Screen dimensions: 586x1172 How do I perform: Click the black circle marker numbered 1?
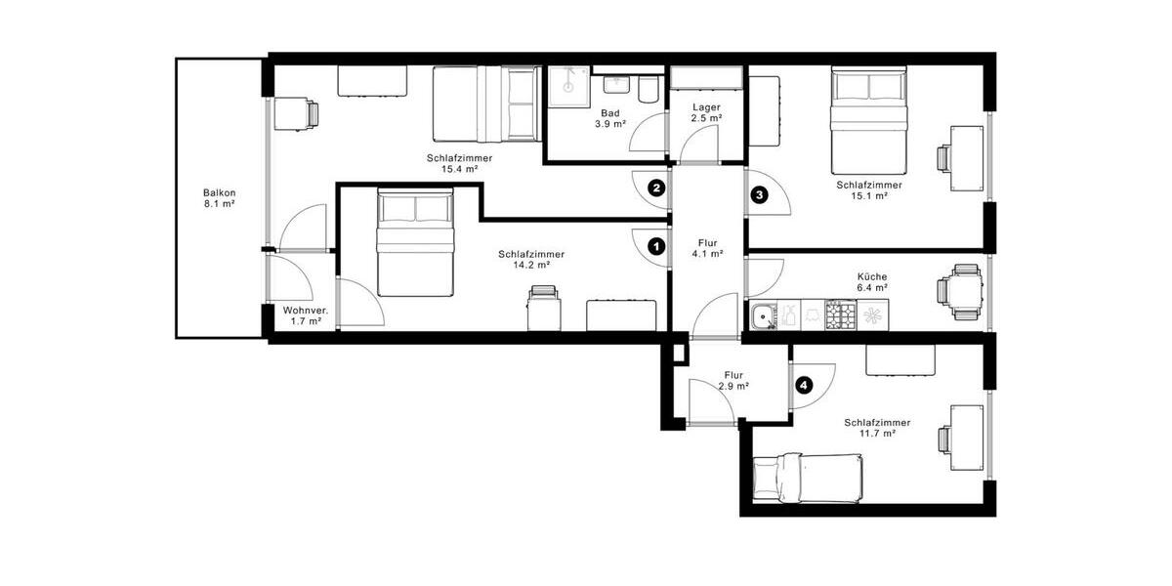(657, 248)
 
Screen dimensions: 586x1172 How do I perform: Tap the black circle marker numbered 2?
(657, 188)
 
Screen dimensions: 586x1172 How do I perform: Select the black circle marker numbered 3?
(760, 195)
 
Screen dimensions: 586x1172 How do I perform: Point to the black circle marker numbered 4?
(803, 385)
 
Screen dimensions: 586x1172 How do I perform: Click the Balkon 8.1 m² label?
(220, 198)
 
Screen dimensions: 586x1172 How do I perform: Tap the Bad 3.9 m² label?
(610, 118)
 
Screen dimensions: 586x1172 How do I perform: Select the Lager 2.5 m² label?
(706, 112)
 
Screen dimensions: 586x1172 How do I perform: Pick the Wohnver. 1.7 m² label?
(306, 314)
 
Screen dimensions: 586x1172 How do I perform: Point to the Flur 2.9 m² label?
(733, 380)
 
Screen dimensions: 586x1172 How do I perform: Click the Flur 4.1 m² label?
(706, 248)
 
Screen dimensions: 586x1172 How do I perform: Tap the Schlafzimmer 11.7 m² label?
(877, 428)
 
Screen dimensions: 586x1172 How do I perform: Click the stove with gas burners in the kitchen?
(840, 315)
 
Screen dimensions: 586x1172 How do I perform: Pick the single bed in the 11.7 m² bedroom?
(808, 478)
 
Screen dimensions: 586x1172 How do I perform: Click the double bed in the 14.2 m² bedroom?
(416, 243)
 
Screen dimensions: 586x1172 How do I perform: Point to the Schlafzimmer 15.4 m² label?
(458, 163)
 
